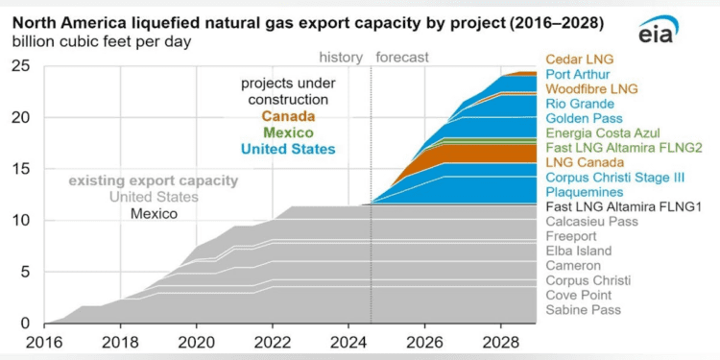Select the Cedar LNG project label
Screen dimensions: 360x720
tap(579, 60)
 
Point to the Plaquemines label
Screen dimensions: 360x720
tap(584, 192)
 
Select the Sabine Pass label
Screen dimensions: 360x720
tap(583, 309)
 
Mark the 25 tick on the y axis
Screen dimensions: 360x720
tap(20, 66)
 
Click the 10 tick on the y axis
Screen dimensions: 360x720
tap(20, 221)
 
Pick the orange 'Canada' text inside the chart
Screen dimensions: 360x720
tap(285, 117)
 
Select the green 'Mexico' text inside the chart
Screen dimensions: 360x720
tap(285, 132)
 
